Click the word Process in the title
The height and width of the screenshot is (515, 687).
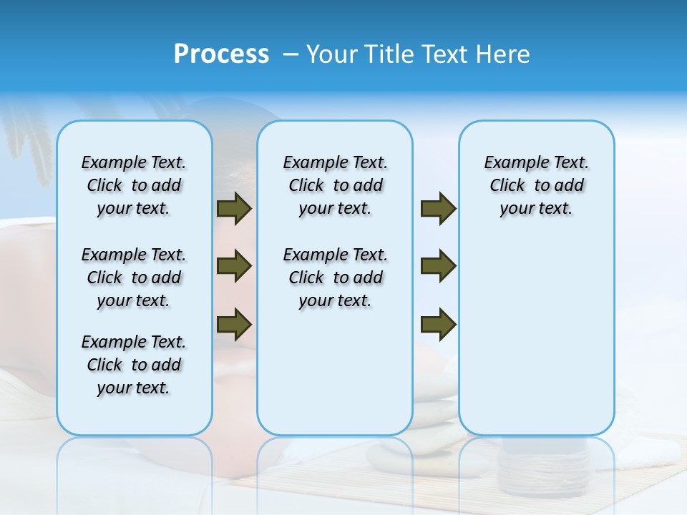click(221, 54)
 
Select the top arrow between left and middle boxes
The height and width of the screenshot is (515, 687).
click(234, 209)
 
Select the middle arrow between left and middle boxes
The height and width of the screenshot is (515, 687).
click(234, 266)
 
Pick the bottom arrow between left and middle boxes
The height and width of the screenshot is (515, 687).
click(234, 323)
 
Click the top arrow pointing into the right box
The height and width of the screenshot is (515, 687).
click(438, 209)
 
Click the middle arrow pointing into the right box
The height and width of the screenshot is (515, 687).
click(438, 266)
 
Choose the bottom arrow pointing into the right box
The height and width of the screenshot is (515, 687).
click(438, 323)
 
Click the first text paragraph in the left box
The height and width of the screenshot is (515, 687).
click(134, 185)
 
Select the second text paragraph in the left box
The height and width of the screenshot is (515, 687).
click(134, 278)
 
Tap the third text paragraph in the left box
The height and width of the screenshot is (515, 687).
click(134, 365)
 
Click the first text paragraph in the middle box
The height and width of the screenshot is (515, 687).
click(336, 185)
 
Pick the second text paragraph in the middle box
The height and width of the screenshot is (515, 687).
click(336, 278)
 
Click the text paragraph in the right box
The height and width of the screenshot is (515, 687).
click(537, 185)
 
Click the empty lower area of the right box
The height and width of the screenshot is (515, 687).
click(537, 343)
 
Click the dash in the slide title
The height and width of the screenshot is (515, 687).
click(291, 55)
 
